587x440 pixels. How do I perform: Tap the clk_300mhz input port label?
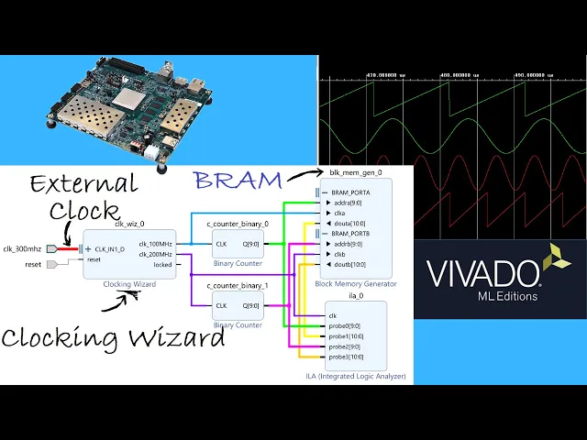[22, 248]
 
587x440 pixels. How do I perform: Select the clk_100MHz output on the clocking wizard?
[155, 243]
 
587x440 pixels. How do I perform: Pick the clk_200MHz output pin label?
[155, 254]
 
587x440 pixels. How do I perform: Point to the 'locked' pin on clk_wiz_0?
[162, 264]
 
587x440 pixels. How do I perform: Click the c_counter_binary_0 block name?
[237, 224]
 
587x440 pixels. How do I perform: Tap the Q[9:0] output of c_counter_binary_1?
[250, 305]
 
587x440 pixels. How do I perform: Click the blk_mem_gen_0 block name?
[355, 171]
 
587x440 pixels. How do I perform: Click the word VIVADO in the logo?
[482, 273]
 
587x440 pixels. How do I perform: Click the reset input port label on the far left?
[33, 264]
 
